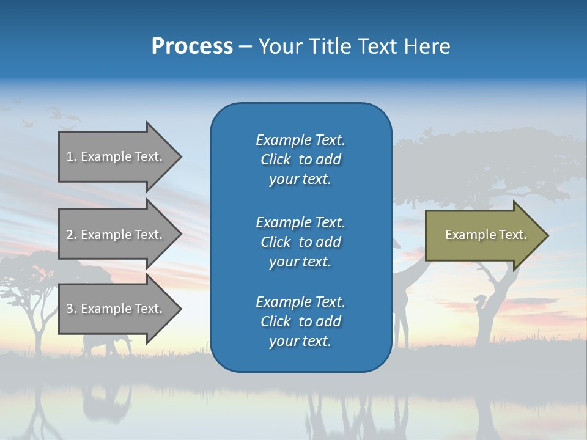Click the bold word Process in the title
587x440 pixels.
tap(192, 46)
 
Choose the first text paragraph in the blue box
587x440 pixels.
tap(300, 159)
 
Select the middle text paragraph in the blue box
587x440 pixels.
tap(300, 242)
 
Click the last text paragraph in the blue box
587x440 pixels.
tap(300, 321)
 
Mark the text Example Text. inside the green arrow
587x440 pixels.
tap(486, 235)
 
